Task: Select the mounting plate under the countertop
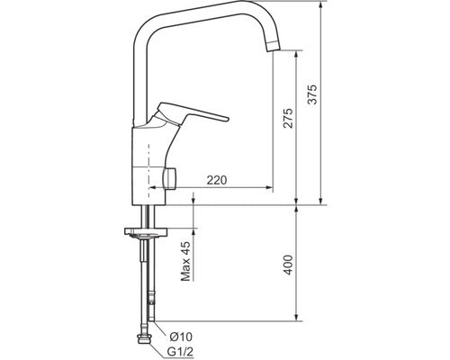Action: (x=141, y=233)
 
